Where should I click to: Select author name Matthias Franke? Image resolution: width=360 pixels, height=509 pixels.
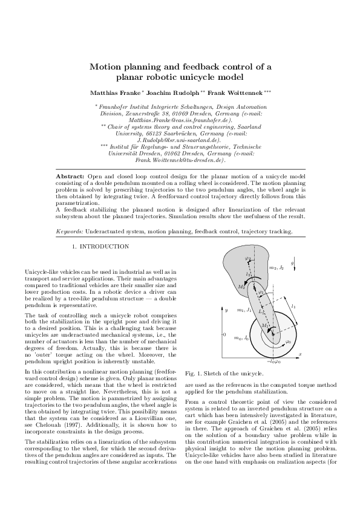coord(115,92)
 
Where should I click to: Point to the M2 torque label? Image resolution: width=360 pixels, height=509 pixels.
coord(224,287)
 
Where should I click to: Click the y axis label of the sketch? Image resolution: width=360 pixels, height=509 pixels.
coord(225,310)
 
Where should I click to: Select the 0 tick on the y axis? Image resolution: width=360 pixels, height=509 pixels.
coord(224,334)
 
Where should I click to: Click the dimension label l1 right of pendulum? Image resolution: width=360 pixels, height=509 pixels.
coord(294,306)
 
